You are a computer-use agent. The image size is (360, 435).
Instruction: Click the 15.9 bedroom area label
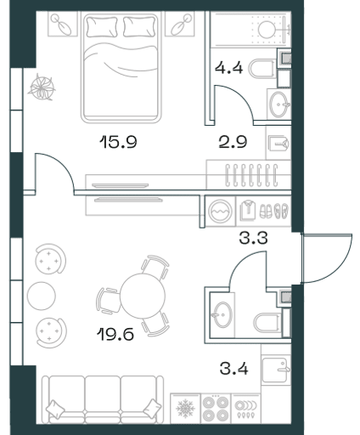[x=118, y=142]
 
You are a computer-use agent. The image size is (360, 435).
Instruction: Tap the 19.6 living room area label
[x=115, y=334]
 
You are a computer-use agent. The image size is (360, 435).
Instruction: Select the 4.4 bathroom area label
[x=228, y=68]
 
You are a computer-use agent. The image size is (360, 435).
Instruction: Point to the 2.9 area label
[x=233, y=142]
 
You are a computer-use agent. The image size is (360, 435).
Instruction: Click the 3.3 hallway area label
[x=253, y=238]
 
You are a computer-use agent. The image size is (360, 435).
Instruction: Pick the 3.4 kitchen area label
[x=234, y=369]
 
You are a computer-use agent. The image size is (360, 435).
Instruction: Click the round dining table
[x=143, y=296]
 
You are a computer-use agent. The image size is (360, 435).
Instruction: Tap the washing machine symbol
[x=220, y=212]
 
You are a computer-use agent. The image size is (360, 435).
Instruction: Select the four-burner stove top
[x=216, y=409]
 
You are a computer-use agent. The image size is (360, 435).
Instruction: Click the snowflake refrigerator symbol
[x=186, y=409]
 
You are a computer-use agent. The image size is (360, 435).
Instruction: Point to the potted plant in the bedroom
[x=42, y=87]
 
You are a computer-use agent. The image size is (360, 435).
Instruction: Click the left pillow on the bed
[x=102, y=27]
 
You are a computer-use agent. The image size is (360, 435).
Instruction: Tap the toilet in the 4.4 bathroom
[x=262, y=68]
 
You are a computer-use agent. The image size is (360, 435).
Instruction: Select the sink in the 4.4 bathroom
[x=278, y=105]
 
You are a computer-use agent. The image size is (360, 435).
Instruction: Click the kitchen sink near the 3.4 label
[x=275, y=370]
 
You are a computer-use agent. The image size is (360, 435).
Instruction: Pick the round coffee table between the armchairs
[x=42, y=296]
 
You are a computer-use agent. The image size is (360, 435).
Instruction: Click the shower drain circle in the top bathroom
[x=267, y=30]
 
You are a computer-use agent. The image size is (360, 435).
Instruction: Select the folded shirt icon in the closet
[x=248, y=211]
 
